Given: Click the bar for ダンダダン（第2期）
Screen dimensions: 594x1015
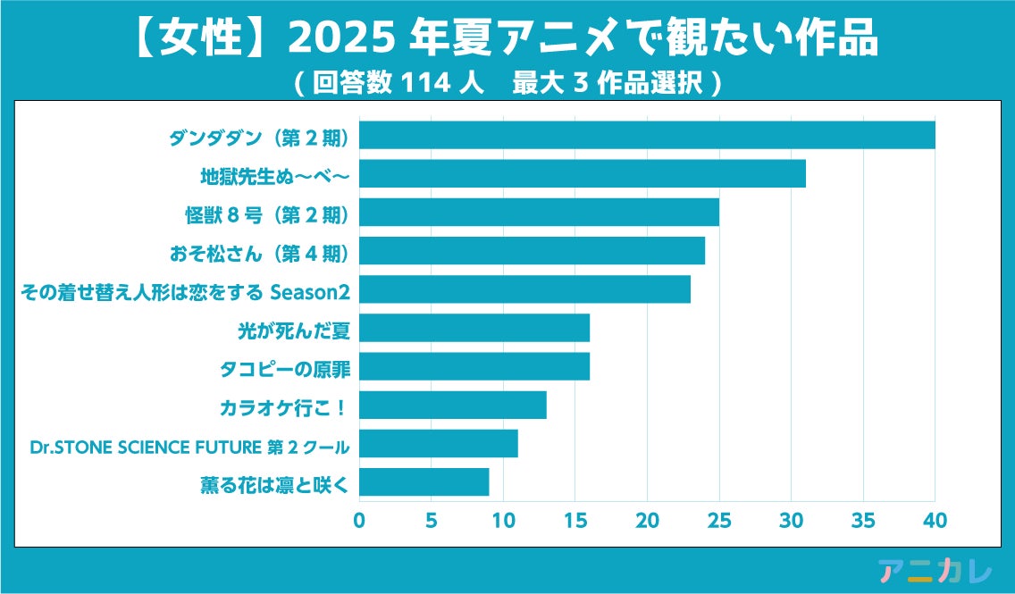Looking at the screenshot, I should (647, 135).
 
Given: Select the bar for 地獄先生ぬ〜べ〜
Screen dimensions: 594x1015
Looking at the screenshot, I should (583, 173).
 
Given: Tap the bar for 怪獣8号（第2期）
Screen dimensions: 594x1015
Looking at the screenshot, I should (539, 213).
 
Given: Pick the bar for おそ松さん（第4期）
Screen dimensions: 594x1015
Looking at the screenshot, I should (532, 251).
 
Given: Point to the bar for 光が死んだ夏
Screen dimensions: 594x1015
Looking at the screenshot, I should (474, 328).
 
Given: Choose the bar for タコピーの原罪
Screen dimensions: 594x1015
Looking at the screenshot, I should (474, 366).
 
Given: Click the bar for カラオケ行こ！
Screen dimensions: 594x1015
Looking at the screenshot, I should (453, 406).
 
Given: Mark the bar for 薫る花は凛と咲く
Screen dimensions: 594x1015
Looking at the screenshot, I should (424, 482).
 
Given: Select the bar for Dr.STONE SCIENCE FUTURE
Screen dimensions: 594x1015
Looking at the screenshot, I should (439, 444).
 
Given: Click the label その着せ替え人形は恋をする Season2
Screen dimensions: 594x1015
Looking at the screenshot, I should (184, 291).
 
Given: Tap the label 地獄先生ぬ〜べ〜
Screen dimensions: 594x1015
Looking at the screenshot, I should (274, 177).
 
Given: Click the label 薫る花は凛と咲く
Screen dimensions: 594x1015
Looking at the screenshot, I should (274, 485).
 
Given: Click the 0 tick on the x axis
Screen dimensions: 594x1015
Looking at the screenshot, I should (359, 520).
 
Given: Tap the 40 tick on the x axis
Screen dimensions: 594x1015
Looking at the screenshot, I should (935, 520).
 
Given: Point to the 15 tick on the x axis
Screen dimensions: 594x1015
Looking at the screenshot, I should (575, 520).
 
